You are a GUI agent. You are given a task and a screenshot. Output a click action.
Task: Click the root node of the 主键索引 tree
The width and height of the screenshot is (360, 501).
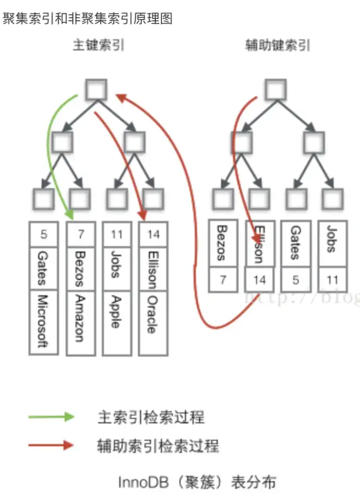pyautogui.click(x=96, y=89)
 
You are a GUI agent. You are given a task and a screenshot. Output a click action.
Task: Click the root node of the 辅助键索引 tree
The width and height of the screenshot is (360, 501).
pyautogui.click(x=276, y=89)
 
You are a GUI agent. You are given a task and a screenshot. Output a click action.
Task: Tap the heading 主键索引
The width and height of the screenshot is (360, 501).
pyautogui.click(x=98, y=46)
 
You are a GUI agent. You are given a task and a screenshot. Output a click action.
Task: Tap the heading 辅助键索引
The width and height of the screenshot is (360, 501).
pyautogui.click(x=278, y=46)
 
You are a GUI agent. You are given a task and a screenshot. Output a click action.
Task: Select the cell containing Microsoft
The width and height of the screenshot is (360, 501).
pyautogui.click(x=43, y=321)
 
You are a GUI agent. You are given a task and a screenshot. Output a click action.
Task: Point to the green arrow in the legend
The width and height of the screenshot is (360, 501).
pyautogui.click(x=51, y=417)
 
